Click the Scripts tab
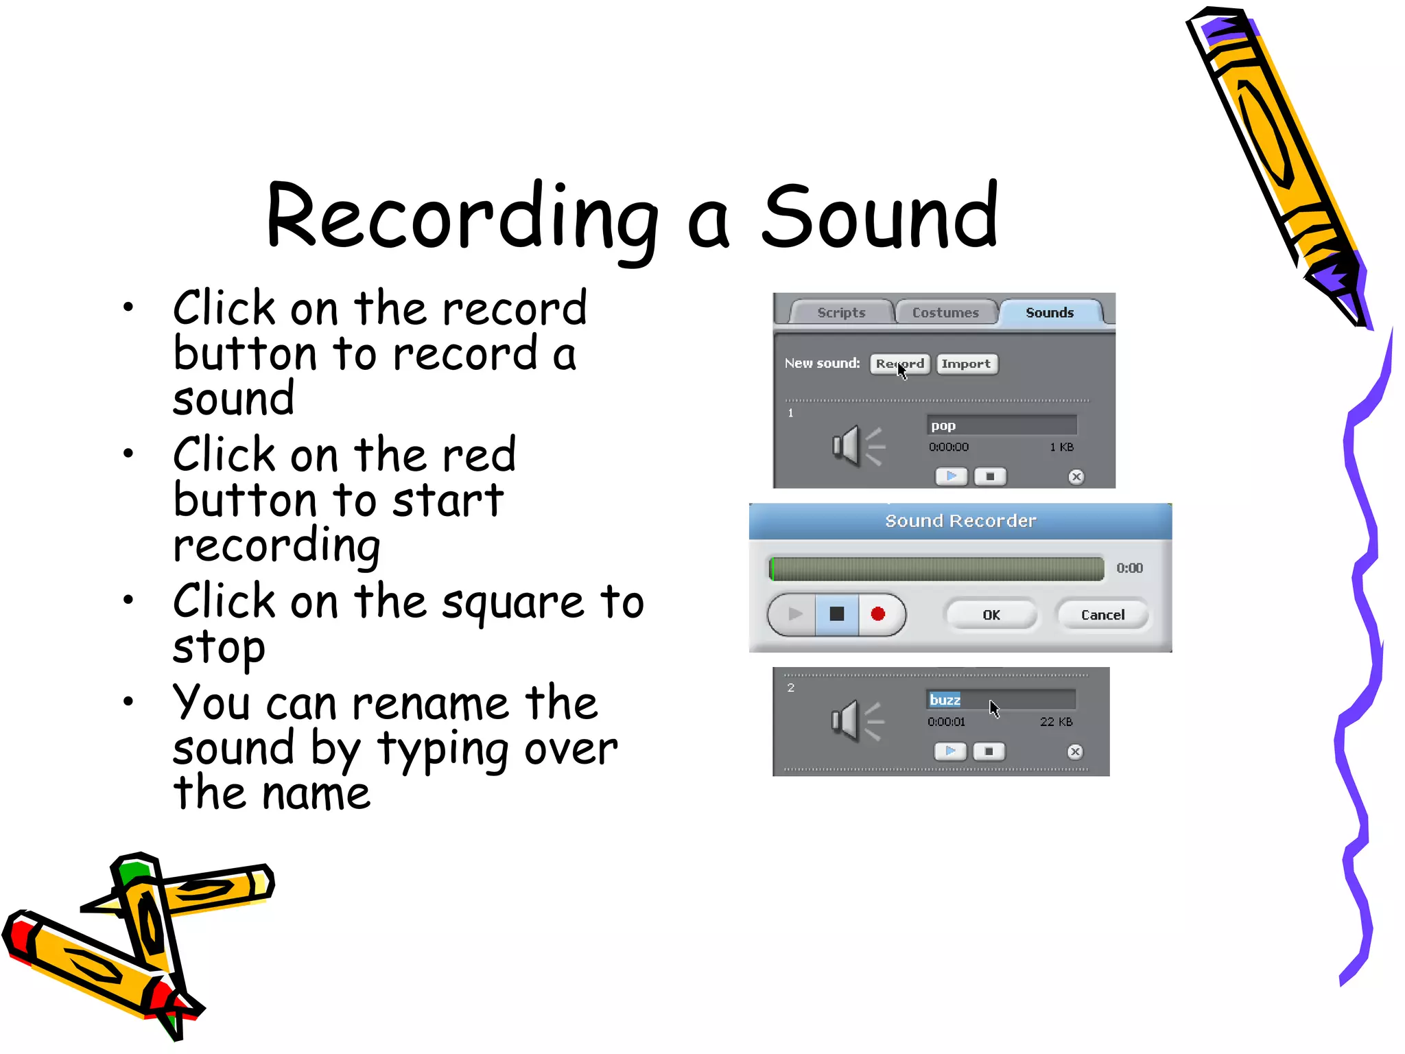click(x=841, y=313)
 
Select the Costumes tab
click(x=945, y=313)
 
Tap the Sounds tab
click(x=1049, y=313)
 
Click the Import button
click(x=966, y=364)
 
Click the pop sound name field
click(x=1002, y=425)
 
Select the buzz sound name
click(x=945, y=700)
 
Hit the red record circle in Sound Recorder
click(x=878, y=614)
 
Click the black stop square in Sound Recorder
click(x=837, y=614)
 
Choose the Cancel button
click(x=1102, y=615)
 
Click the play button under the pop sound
click(x=952, y=476)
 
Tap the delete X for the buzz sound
click(x=1075, y=751)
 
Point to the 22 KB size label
click(x=1056, y=722)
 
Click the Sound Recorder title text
click(x=960, y=521)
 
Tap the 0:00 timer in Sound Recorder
click(x=1129, y=568)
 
